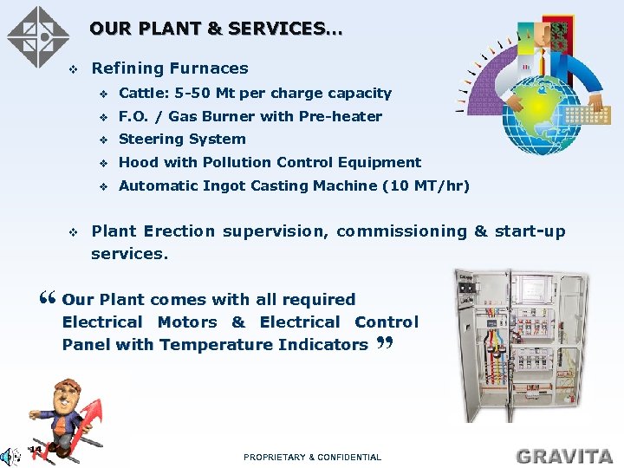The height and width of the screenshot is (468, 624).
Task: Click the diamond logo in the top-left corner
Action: tap(37, 36)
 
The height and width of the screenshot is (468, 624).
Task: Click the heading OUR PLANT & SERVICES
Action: tap(216, 29)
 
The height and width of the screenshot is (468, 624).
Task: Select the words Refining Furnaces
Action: tap(170, 68)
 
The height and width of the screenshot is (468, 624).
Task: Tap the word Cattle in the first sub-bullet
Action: tap(141, 94)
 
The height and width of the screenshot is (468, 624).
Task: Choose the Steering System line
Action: tap(182, 140)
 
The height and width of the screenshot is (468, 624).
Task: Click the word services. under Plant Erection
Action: tap(129, 254)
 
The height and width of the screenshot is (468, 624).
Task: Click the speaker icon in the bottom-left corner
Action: tap(9, 455)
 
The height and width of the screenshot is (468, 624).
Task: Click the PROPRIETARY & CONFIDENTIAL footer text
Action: tap(312, 457)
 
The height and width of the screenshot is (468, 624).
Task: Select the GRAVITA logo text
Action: tap(564, 455)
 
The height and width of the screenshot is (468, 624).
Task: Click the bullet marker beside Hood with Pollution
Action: tap(103, 163)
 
